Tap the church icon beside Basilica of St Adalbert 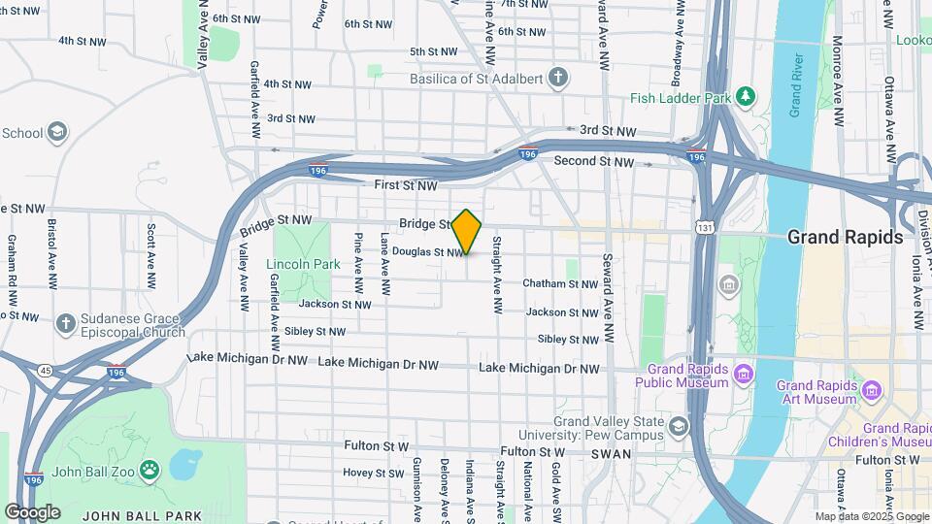(557, 78)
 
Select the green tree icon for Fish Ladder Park (745, 96)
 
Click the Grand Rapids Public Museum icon (743, 374)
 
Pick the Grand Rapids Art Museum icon (872, 391)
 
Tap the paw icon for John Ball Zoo (149, 473)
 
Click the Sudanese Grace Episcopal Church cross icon (65, 323)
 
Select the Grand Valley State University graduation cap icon (677, 426)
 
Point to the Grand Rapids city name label (845, 237)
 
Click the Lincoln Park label (303, 264)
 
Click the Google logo (32, 511)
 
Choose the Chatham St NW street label (560, 283)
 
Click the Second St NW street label (594, 162)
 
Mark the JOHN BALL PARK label (143, 515)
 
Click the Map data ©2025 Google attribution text (872, 516)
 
